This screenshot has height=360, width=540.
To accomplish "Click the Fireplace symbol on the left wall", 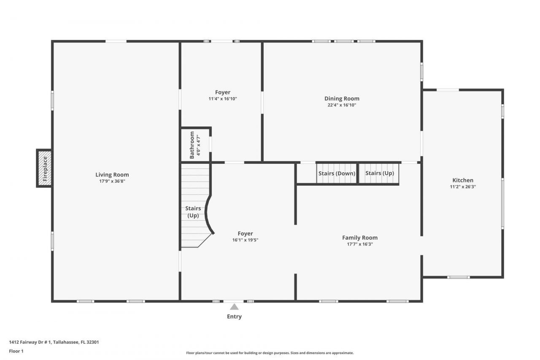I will (x=45, y=168).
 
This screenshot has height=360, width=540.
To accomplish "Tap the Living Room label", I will (x=112, y=175).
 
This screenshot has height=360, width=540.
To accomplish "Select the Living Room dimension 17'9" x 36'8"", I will (x=112, y=181).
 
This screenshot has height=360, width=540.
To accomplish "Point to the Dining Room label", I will (x=342, y=99).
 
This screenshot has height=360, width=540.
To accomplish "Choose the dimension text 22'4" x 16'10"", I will (x=342, y=105).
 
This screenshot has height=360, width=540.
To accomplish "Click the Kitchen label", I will (x=463, y=180).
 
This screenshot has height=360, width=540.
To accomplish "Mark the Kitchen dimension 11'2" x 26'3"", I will (x=463, y=187).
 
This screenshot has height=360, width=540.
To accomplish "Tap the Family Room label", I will (x=359, y=238).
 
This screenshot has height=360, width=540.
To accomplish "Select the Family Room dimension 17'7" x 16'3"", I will (x=359, y=244).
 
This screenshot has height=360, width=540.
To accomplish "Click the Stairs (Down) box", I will (x=337, y=173).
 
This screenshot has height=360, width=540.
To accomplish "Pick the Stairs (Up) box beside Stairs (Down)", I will (x=379, y=173).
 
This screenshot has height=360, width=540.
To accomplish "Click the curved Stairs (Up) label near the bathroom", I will (x=192, y=212).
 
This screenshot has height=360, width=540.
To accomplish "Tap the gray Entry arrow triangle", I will (x=234, y=307).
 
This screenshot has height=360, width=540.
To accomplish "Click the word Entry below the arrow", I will (x=234, y=317).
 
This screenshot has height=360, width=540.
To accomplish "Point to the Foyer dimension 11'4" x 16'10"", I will (x=222, y=99).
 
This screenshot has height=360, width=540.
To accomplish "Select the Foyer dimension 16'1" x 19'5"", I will (x=245, y=240).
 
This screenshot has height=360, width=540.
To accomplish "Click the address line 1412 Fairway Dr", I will (x=54, y=342).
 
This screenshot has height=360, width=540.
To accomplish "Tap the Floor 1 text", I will (x=16, y=351).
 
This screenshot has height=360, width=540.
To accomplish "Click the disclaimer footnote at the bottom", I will (x=270, y=353).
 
